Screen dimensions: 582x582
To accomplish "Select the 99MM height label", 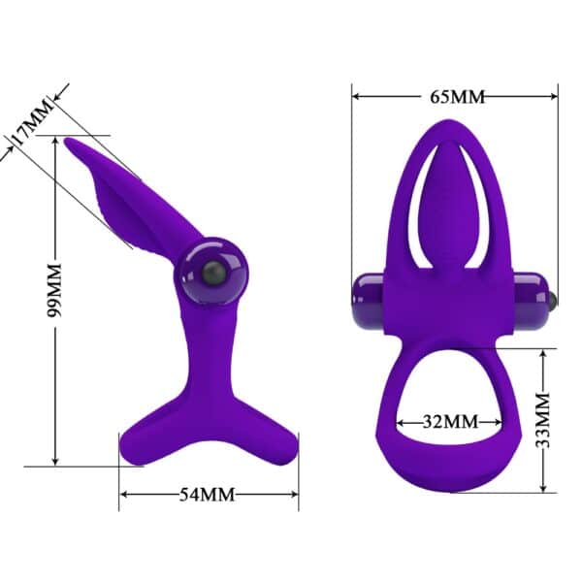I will pyautogui.click(x=55, y=289).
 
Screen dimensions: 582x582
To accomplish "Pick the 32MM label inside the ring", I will pyautogui.click(x=451, y=422).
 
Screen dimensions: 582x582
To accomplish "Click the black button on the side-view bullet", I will pyautogui.click(x=211, y=275).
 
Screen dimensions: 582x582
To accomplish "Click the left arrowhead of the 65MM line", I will pyautogui.click(x=357, y=96).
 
